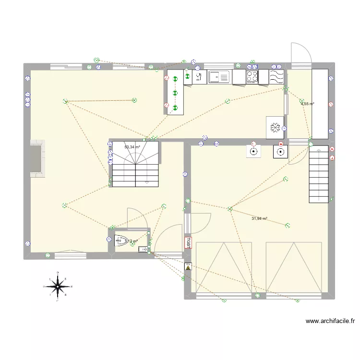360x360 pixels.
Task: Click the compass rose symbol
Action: click(x=58, y=287)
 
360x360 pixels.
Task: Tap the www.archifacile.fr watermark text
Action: click(x=330, y=321)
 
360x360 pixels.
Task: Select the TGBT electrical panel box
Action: click(x=188, y=242)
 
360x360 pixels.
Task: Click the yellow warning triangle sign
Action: click(x=188, y=267)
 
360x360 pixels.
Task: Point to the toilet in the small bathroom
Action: click(x=122, y=241)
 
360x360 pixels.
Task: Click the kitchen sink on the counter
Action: click(x=220, y=77)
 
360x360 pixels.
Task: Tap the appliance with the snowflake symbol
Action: click(x=275, y=127)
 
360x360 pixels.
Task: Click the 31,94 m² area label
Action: click(x=259, y=219)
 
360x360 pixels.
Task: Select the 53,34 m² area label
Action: click(x=132, y=147)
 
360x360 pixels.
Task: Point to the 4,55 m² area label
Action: click(x=307, y=104)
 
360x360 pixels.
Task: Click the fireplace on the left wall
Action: click(x=37, y=158)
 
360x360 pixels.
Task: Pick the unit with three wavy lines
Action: click(x=277, y=76)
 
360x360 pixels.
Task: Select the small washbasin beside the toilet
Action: click(x=143, y=249)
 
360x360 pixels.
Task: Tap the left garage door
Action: click(x=224, y=267)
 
